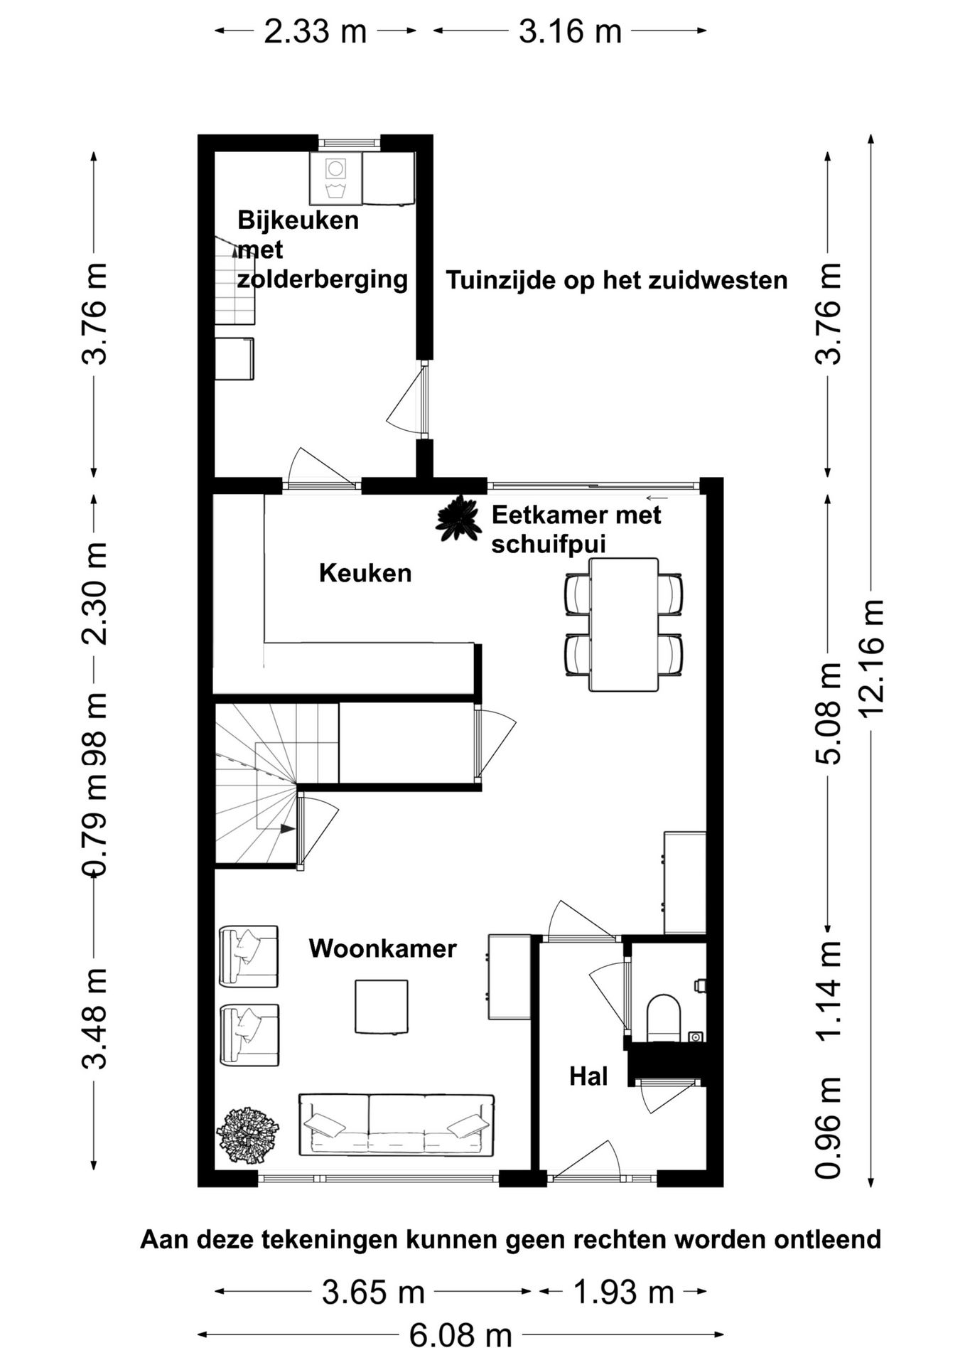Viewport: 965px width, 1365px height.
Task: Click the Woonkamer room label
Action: point(382,948)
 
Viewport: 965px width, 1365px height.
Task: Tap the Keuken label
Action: point(365,573)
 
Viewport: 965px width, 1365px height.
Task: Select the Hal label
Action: point(588,1076)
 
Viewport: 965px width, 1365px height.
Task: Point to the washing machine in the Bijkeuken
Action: point(335,178)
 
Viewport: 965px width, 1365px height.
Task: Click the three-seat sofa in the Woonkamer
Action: point(396,1125)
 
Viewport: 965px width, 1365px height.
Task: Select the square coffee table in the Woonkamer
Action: point(382,1006)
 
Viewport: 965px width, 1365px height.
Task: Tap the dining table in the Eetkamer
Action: point(623,624)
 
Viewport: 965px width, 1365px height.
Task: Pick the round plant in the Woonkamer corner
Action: point(247,1135)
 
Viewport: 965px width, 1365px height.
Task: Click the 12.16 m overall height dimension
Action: point(872,658)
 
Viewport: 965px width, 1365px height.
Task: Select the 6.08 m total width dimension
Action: point(460,1336)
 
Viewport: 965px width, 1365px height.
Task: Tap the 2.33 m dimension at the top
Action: point(315,32)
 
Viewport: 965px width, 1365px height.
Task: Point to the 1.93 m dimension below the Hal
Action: point(622,1292)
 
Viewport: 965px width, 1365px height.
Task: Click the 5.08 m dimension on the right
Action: point(828,713)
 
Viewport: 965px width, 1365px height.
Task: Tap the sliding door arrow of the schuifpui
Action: point(657,498)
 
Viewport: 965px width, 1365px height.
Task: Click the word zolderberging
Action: point(323,279)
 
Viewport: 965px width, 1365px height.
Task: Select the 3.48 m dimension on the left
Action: point(95,1018)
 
